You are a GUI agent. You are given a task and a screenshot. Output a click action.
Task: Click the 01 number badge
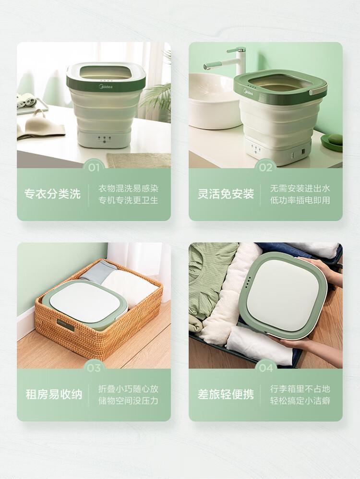[x=94, y=168]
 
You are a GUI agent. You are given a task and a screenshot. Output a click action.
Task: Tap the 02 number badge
[x=265, y=168]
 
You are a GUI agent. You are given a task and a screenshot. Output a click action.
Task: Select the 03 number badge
[x=94, y=368]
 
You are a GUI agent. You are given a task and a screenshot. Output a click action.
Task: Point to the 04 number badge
[x=265, y=368]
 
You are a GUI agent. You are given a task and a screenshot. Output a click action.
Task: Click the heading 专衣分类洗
[x=53, y=194]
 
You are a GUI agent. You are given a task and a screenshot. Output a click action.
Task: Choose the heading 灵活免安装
[x=226, y=194]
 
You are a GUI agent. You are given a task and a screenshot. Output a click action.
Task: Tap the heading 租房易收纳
[x=54, y=395]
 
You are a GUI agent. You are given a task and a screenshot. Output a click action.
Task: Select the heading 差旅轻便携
[x=226, y=395]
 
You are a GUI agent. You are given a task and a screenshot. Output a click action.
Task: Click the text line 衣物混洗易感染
[x=128, y=188]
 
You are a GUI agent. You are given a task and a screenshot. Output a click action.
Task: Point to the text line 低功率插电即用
[x=300, y=201]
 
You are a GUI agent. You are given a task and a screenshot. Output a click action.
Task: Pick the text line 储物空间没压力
[x=128, y=401]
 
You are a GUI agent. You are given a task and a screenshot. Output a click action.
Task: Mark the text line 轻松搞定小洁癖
[x=300, y=401]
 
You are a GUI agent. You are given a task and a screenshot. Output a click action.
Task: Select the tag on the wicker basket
[x=65, y=325]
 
